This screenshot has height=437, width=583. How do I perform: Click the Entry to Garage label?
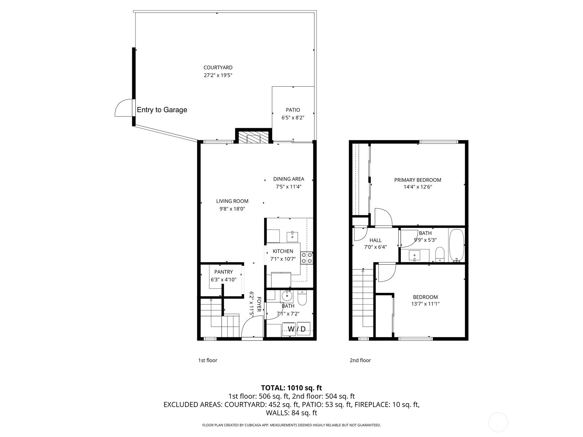click(162, 110)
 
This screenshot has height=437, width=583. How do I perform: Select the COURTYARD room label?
click(218, 68)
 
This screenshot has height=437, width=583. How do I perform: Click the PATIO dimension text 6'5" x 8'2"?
click(293, 118)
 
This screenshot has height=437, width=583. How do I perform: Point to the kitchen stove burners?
click(307, 258)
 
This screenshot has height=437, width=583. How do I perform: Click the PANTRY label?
click(223, 272)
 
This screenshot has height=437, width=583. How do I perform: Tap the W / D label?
click(297, 329)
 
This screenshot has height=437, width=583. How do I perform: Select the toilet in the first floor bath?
click(302, 298)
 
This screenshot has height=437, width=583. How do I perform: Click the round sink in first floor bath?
click(287, 295)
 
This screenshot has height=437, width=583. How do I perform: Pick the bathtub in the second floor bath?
click(457, 246)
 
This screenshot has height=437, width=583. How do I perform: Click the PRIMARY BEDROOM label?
click(418, 180)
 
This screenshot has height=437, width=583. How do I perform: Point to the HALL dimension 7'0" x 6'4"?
click(375, 247)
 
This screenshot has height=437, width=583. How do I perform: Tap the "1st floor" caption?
click(208, 360)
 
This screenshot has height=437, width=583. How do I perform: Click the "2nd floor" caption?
click(360, 360)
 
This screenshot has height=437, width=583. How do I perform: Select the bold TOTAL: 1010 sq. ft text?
click(291, 388)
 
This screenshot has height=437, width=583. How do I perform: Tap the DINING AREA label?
click(289, 179)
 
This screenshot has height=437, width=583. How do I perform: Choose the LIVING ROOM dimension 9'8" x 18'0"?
click(232, 209)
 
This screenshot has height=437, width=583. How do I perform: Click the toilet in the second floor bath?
click(440, 254)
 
